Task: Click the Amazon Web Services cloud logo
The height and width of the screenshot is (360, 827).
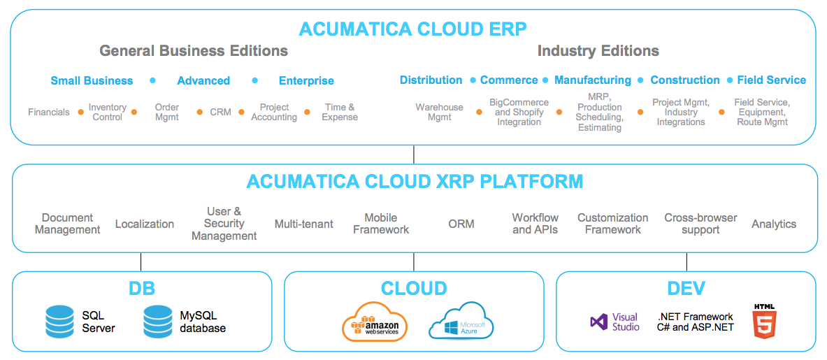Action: (x=375, y=321)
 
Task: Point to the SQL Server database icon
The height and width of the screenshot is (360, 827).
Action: (x=59, y=322)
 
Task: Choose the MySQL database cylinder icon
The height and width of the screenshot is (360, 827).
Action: (x=159, y=322)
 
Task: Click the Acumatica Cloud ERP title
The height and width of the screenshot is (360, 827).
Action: (x=413, y=29)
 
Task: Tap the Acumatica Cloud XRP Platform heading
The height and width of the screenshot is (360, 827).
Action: (x=415, y=181)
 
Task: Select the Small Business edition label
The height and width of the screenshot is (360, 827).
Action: (x=92, y=80)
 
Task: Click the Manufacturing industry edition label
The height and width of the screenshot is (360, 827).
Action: (x=592, y=80)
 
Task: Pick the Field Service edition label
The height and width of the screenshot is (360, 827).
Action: (x=772, y=80)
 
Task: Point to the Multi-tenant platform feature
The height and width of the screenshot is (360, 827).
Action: (x=304, y=224)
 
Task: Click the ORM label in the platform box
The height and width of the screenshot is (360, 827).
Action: (x=461, y=224)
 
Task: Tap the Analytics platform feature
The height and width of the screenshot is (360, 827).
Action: (x=774, y=224)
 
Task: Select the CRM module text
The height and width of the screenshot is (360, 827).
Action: (x=220, y=112)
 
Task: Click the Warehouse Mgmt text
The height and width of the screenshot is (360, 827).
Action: (x=439, y=112)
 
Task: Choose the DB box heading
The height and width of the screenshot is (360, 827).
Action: (x=142, y=288)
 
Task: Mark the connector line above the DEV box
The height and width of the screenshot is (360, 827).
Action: (x=686, y=262)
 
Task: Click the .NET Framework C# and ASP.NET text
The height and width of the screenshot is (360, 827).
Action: (x=695, y=322)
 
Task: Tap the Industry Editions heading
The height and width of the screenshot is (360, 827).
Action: (x=598, y=51)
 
